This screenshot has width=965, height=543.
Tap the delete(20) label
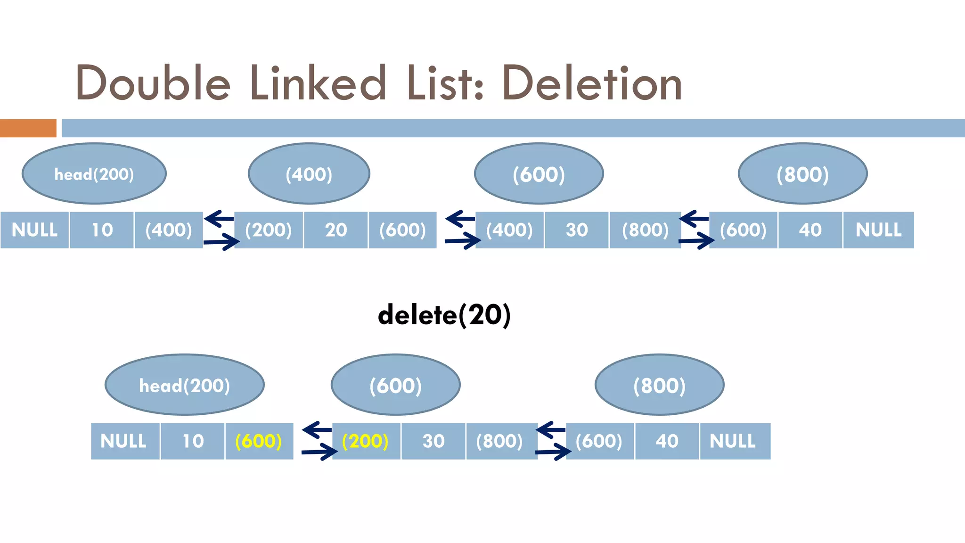[x=444, y=315]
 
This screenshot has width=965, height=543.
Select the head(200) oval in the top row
[x=94, y=173]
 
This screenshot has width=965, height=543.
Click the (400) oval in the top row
[x=309, y=173]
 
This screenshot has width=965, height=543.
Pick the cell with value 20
[x=335, y=230]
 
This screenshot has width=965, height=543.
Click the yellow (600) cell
[x=259, y=441]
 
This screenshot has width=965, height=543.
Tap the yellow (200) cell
[x=366, y=441]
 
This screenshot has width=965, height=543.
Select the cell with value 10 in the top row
[x=102, y=230]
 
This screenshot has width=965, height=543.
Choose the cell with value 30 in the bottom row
[x=433, y=441]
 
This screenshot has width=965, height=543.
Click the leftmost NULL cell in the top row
[x=34, y=230]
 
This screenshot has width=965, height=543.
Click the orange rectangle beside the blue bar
[x=28, y=128]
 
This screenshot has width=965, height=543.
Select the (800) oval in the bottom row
[x=659, y=385]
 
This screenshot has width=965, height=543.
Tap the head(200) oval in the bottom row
[x=185, y=385]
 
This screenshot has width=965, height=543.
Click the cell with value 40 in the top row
[x=810, y=230]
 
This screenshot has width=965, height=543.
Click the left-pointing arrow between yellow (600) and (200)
[x=317, y=429]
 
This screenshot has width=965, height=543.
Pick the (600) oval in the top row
[x=539, y=173]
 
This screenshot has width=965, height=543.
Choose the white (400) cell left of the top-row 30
[x=509, y=230]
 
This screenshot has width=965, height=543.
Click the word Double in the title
[x=153, y=84]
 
